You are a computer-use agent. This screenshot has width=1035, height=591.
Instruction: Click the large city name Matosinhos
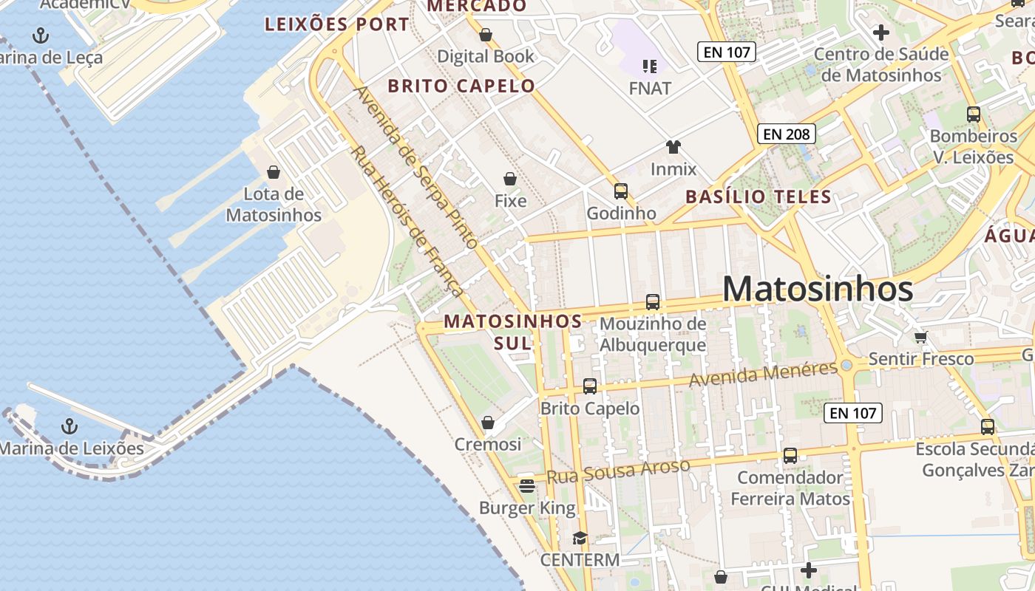point(818,289)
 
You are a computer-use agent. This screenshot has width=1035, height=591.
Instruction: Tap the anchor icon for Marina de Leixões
point(69,426)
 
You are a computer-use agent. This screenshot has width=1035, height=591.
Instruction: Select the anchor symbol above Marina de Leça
point(41,35)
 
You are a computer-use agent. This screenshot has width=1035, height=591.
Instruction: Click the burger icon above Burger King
point(527,485)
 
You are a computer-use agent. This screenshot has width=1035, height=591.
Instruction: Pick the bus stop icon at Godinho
point(621,191)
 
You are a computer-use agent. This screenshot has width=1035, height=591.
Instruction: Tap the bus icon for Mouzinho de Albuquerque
point(652,301)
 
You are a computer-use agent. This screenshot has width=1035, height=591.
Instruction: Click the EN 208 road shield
point(787,134)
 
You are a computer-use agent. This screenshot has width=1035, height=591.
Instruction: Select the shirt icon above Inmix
point(673,147)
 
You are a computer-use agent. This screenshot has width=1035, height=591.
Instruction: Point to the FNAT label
point(650,89)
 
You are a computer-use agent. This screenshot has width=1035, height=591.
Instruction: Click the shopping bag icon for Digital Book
point(486,35)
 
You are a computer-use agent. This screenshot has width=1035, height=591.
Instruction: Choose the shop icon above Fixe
point(510,179)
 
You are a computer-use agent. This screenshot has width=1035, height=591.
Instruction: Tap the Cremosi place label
point(488,445)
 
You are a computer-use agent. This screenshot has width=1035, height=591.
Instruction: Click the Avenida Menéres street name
point(763,374)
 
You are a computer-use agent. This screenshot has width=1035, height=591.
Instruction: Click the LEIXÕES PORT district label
point(337,24)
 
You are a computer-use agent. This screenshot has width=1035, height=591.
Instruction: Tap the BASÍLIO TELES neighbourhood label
point(758,197)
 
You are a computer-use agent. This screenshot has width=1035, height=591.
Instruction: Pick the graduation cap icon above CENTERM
point(580,539)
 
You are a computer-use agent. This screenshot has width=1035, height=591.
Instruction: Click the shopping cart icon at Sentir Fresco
point(920,338)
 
